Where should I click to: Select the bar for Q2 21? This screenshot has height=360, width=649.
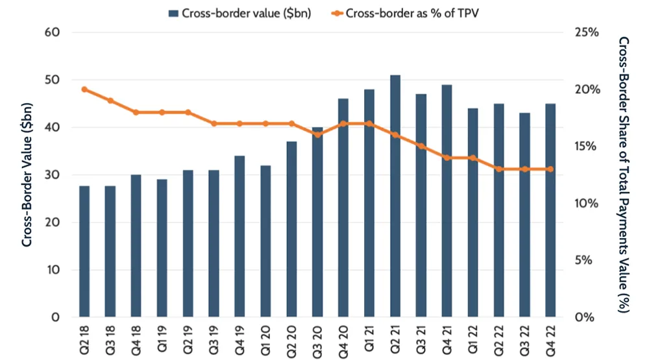click(395, 196)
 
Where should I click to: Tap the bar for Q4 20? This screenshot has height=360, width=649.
click(343, 208)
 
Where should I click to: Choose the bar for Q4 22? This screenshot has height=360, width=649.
click(550, 210)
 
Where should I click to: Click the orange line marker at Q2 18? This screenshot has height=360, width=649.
click(84, 90)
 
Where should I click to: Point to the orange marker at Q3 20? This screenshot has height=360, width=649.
click(317, 134)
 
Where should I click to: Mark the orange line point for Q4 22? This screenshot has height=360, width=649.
click(550, 169)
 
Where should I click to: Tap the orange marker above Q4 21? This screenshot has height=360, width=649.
click(447, 157)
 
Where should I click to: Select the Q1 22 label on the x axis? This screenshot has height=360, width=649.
click(473, 339)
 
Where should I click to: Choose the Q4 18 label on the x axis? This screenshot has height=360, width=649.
click(137, 339)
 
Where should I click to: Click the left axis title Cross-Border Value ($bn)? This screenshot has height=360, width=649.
click(27, 175)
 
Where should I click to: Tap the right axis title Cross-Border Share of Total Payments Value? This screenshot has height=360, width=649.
click(624, 175)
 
